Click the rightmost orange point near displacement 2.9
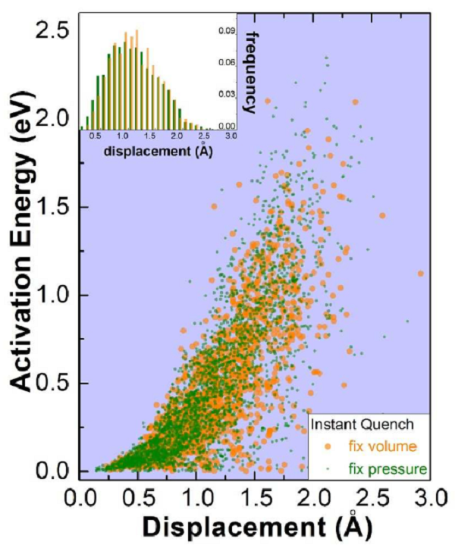pyautogui.click(x=420, y=274)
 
